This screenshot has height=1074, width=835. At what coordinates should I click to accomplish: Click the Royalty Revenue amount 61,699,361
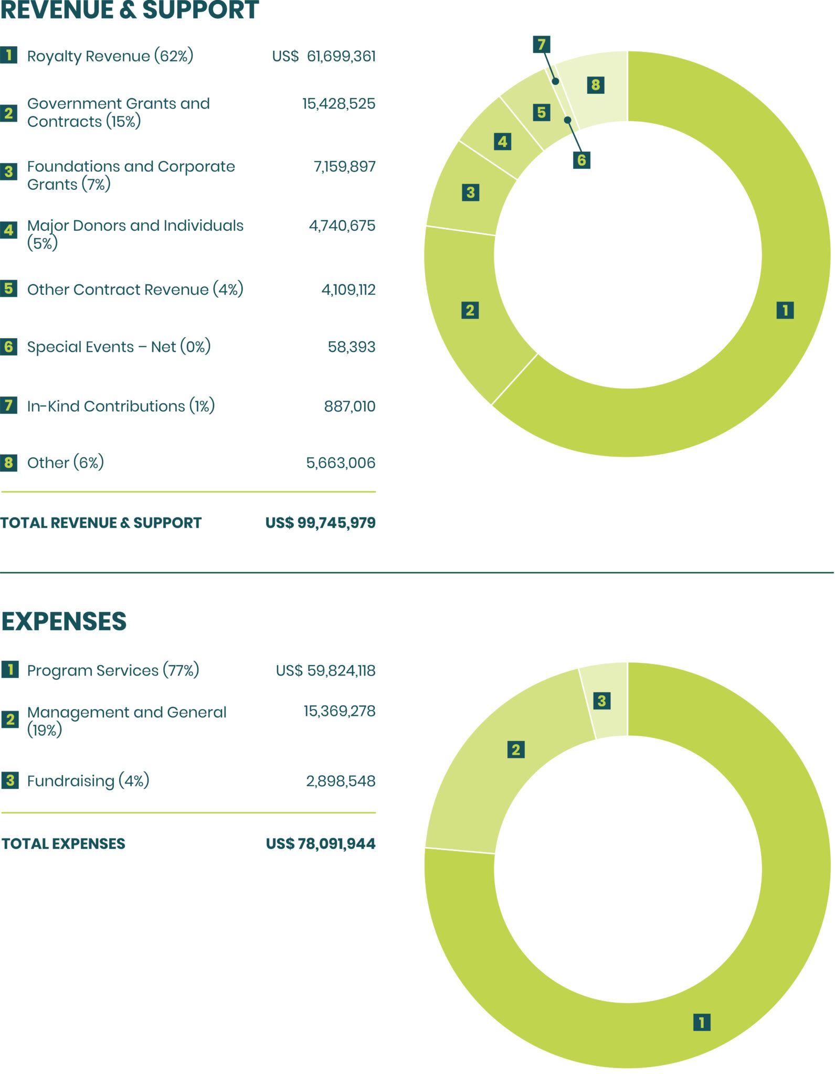coord(341,56)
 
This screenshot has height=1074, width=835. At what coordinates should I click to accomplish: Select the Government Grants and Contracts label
coord(118,112)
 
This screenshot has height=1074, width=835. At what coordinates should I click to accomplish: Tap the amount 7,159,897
coord(344,167)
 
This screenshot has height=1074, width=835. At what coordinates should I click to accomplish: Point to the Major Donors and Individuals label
coord(135,234)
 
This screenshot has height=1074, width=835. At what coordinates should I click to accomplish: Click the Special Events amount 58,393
coord(351,347)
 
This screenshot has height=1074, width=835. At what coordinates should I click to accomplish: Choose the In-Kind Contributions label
coord(121,406)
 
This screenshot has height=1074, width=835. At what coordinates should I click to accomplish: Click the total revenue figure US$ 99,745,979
coord(320,523)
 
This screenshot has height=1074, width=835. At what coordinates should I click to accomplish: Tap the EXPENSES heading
coord(64,621)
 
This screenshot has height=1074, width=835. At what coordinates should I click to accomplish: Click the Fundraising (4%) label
coord(88,781)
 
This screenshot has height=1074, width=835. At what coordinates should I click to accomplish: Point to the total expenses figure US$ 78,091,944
coord(320,844)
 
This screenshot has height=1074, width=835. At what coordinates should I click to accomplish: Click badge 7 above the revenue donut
coord(541,44)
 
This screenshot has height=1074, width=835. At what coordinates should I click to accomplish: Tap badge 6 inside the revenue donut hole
coord(581,160)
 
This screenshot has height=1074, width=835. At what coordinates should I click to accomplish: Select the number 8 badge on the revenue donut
coord(595,85)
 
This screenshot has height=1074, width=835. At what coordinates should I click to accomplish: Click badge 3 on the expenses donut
coord(601,701)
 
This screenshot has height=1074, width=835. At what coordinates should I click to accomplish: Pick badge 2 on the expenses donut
coord(516,750)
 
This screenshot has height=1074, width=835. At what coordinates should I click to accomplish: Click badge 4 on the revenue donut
coord(502,142)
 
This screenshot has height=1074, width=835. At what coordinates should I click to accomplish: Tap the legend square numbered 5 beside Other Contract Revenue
coord(8,288)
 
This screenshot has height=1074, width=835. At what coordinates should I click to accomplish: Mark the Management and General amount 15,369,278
coord(339,712)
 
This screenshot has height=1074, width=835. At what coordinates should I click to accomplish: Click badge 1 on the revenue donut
coord(785,310)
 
